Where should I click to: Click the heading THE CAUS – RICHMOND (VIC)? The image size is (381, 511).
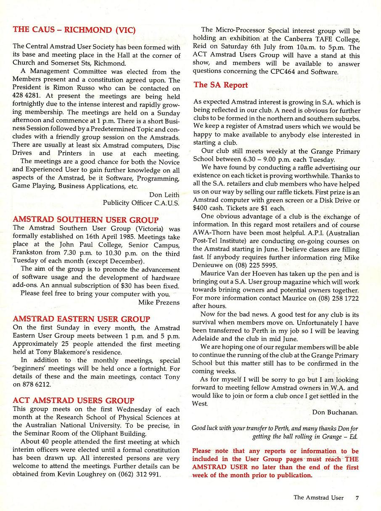pyautogui.click(x=74, y=30)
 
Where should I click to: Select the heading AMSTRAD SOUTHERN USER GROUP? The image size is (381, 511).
pyautogui.click(x=86, y=220)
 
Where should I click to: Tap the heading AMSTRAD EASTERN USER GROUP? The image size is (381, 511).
pyautogui.click(x=81, y=319)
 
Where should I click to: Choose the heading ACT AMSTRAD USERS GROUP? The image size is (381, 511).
pyautogui.click(x=74, y=401)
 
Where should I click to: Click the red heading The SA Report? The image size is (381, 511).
pyautogui.click(x=221, y=85)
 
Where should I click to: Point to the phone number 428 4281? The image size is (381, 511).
pyautogui.click(x=26, y=97)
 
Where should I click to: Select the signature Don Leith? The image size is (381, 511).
pyautogui.click(x=164, y=195)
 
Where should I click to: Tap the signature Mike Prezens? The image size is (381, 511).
pyautogui.click(x=159, y=302)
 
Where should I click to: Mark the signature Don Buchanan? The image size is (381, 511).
pyautogui.click(x=335, y=412)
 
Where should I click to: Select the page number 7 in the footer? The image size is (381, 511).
pyautogui.click(x=357, y=498)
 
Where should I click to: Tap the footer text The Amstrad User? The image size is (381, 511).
pyautogui.click(x=318, y=498)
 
